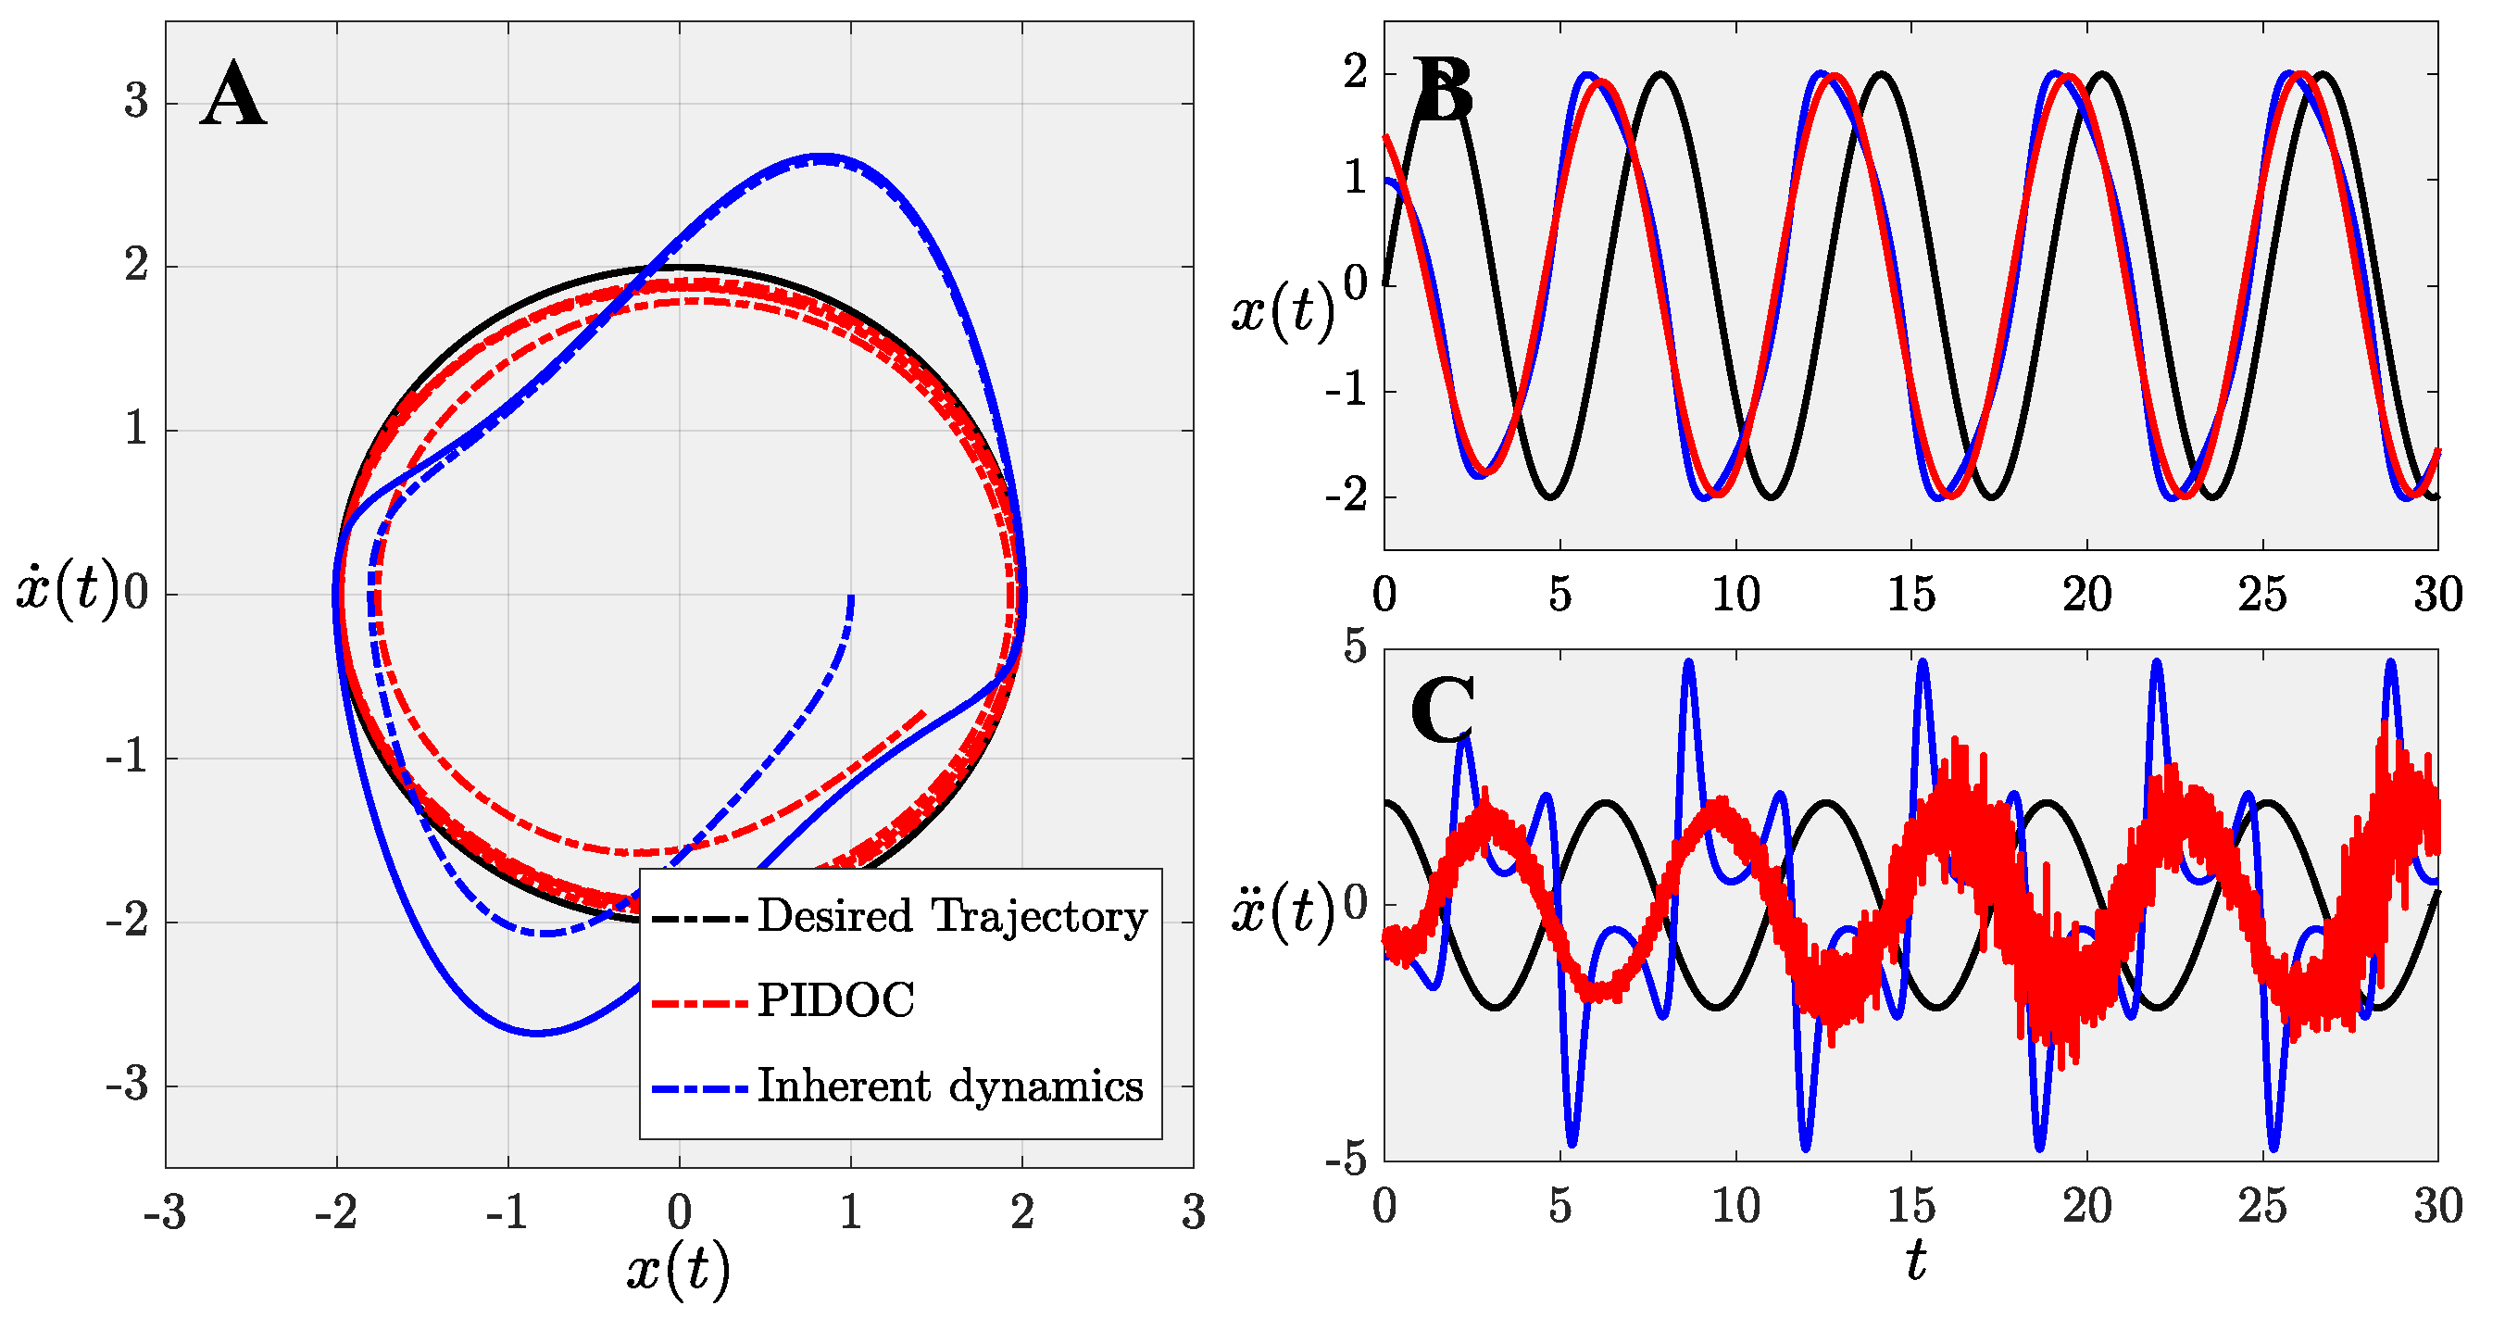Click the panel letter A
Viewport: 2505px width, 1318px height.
tap(233, 94)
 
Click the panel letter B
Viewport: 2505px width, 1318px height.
tap(1442, 90)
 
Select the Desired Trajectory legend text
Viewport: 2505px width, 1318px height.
tap(952, 916)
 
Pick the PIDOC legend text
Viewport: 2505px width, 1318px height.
tap(836, 1001)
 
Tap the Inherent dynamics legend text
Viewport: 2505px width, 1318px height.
tap(950, 1086)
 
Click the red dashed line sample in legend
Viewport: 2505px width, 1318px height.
tap(699, 1002)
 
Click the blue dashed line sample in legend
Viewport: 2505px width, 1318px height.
tap(699, 1086)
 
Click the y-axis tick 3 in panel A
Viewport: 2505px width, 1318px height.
tap(136, 101)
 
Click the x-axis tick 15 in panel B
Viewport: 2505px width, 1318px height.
tap(1910, 595)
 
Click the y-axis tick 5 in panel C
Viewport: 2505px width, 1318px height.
tap(1355, 646)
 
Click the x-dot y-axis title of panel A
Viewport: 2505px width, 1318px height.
tap(67, 590)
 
